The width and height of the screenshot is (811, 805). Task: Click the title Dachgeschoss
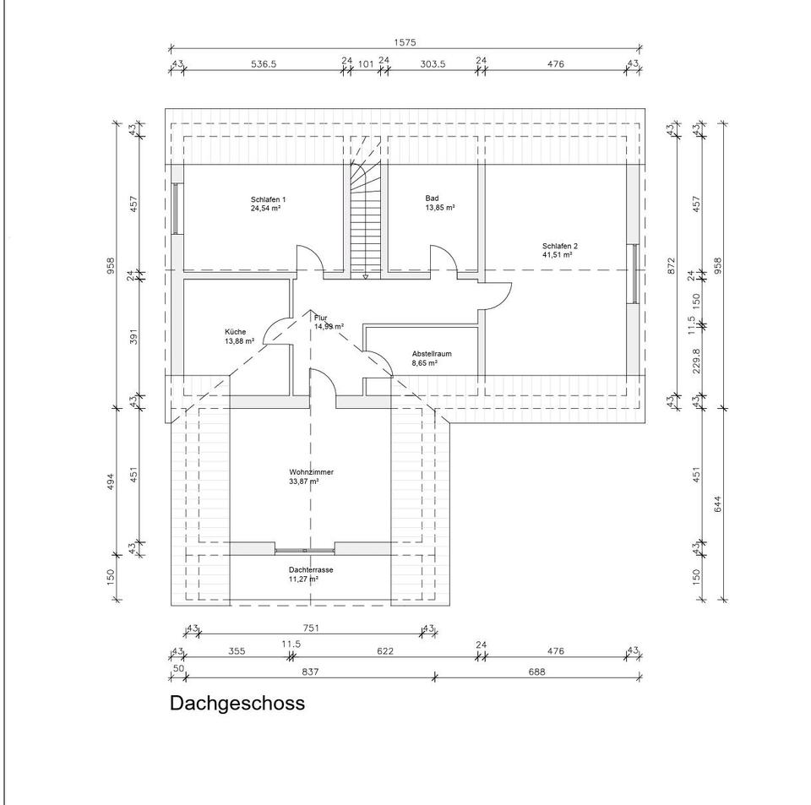[x=237, y=703]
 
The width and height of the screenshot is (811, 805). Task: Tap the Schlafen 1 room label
[x=268, y=198]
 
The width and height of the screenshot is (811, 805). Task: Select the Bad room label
[x=432, y=198]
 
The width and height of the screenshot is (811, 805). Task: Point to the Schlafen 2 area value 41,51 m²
[x=558, y=253]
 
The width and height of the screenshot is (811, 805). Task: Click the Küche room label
[x=236, y=332]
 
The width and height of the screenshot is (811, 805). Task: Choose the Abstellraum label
[x=431, y=353]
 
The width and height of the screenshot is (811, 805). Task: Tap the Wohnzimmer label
[x=304, y=472]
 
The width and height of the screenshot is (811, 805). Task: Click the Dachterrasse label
[x=310, y=570]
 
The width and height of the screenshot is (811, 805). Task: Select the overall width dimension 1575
[x=405, y=41]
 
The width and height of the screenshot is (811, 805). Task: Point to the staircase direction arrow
[x=364, y=275]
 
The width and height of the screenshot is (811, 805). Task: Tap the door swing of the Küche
[x=277, y=329]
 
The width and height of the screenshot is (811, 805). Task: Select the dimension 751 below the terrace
[x=310, y=628]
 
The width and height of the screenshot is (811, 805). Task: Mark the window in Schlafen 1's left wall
[x=176, y=208]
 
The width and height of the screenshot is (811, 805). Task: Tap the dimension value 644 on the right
[x=718, y=503]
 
